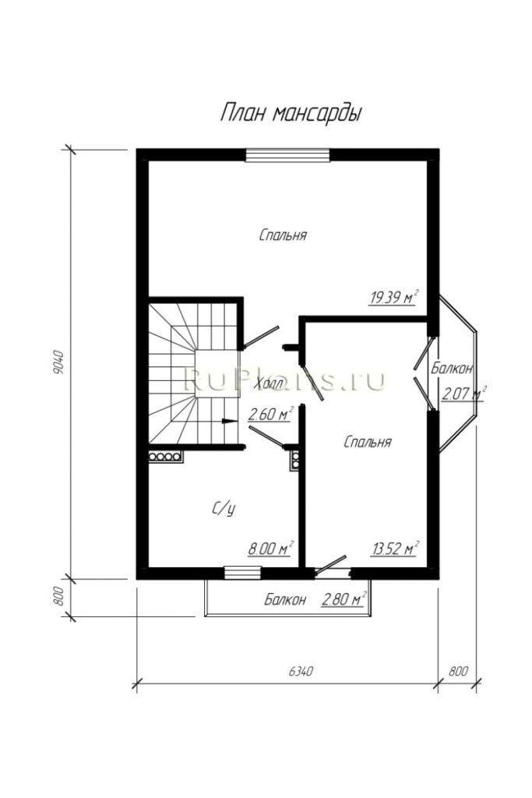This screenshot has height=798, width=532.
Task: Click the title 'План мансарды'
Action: click(x=291, y=114)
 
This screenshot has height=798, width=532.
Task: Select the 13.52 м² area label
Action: click(x=395, y=548)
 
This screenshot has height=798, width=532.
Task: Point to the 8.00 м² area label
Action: click(x=270, y=548)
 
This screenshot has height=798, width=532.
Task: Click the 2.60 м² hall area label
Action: click(x=270, y=414)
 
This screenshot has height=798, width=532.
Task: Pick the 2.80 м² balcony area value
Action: click(x=344, y=598)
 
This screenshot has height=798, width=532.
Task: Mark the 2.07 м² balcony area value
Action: click(x=464, y=394)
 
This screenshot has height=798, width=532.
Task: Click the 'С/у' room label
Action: click(x=224, y=508)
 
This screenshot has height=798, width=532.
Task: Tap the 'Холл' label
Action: click(x=270, y=383)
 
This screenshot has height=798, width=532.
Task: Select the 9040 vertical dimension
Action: click(x=58, y=362)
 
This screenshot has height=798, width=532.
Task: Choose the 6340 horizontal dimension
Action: click(x=300, y=671)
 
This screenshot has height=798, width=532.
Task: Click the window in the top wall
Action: click(x=287, y=155)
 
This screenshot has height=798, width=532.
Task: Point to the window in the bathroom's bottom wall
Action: click(x=242, y=573)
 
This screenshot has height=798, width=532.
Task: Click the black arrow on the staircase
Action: click(x=230, y=421)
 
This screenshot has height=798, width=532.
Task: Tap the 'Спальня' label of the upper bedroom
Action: click(x=283, y=235)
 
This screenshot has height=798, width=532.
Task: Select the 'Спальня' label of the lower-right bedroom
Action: click(x=368, y=442)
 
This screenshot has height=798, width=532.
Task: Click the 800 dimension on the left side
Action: click(x=58, y=596)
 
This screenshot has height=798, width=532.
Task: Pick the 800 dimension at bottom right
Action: click(x=458, y=671)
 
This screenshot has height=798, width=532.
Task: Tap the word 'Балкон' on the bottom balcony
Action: click(x=285, y=599)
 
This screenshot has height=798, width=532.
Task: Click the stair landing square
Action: click(x=217, y=373)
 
